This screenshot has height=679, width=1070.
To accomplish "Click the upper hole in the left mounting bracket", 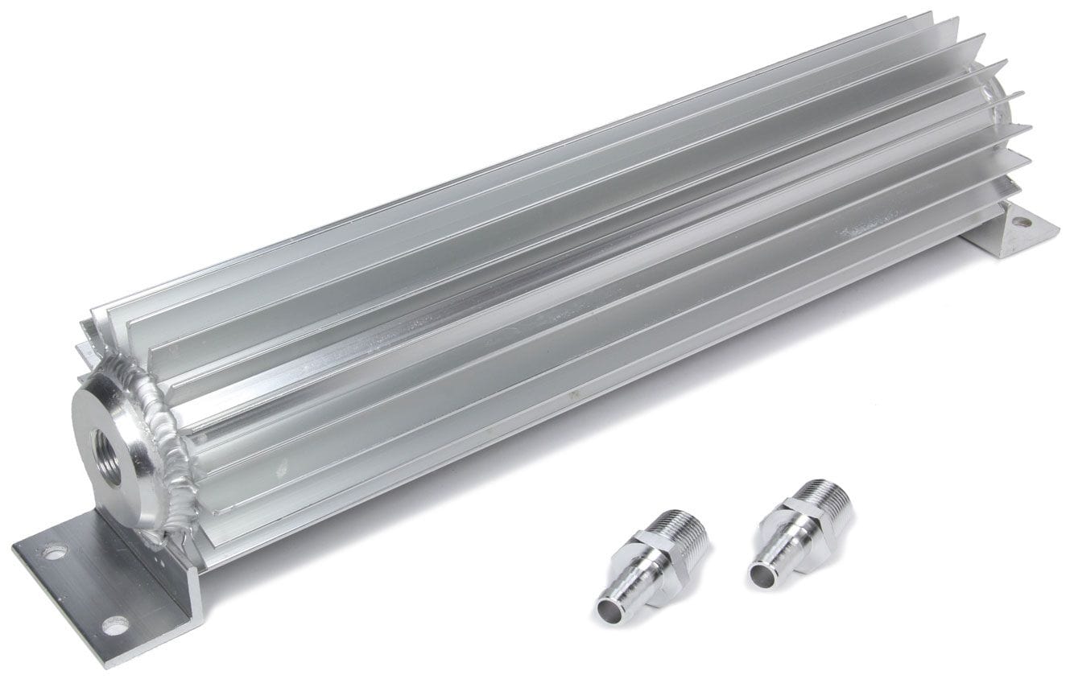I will (55, 552).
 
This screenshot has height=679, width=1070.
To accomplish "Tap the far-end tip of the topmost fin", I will (929, 14).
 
